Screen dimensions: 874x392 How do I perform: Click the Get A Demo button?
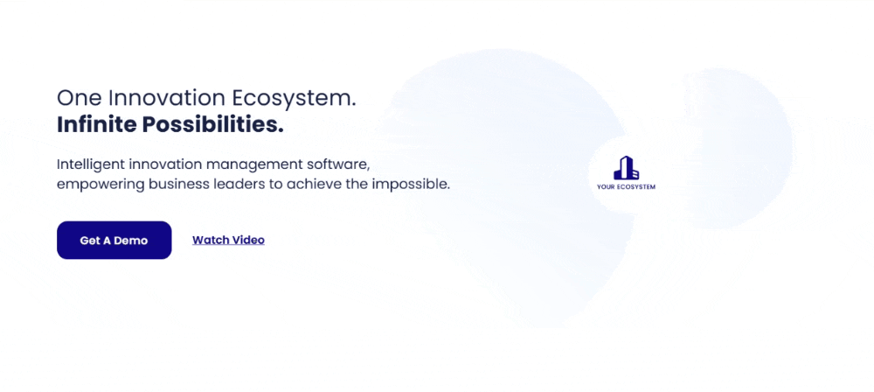pyautogui.click(x=114, y=240)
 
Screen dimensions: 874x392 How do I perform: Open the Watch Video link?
pyautogui.click(x=228, y=240)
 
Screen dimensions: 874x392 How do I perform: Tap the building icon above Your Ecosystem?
pyautogui.click(x=626, y=167)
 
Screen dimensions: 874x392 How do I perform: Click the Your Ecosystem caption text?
pyautogui.click(x=626, y=187)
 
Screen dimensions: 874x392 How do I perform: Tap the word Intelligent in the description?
pyautogui.click(x=90, y=164)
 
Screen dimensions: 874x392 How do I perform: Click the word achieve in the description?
pyautogui.click(x=313, y=185)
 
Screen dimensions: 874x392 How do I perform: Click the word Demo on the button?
pyautogui.click(x=131, y=241)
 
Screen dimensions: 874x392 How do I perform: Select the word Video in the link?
pyautogui.click(x=248, y=240)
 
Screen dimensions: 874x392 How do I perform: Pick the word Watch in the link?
pyautogui.click(x=211, y=240)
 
